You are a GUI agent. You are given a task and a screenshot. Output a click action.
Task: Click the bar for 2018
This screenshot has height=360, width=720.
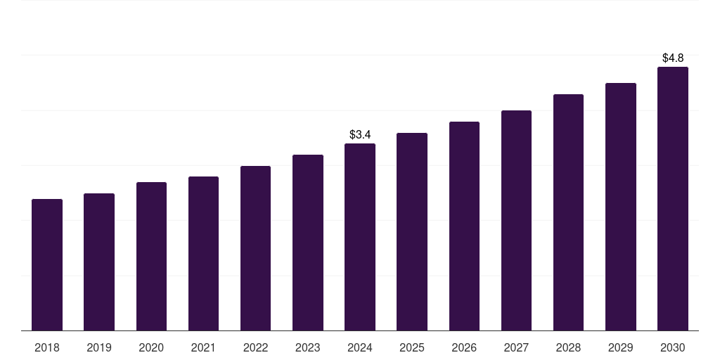47,265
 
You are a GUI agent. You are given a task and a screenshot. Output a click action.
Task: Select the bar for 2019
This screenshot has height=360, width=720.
99,262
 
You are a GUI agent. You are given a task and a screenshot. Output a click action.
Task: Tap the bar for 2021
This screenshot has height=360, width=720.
203,254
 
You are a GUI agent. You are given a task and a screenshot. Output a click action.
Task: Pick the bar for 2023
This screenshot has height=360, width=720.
308,243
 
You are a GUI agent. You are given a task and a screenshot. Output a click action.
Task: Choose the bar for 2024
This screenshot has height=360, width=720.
360,237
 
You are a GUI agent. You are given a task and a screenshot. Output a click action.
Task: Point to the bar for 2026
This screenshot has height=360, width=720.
464,226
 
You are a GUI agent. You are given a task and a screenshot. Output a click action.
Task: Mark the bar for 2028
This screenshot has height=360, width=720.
568,212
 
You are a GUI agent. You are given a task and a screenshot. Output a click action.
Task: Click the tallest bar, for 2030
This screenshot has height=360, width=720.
673,199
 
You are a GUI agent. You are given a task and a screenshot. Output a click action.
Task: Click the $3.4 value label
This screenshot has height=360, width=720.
360,134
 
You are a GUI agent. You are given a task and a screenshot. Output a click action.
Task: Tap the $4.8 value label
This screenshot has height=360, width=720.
673,58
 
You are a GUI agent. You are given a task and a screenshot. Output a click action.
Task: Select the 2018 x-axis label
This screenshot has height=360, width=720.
47,347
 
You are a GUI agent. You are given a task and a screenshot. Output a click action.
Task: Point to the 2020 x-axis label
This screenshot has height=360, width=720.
151,347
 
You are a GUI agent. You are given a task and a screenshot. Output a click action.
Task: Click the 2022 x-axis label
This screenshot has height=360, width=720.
255,347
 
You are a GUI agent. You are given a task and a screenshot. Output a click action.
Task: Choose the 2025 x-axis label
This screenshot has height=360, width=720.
412,347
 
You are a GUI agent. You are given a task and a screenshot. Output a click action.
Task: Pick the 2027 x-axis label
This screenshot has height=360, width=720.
516,347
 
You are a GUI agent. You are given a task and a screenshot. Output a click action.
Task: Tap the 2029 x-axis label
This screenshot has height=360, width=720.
621,347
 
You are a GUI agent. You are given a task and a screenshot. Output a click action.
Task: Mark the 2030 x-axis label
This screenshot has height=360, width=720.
673,347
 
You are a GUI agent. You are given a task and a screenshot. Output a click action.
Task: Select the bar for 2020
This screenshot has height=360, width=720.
151,257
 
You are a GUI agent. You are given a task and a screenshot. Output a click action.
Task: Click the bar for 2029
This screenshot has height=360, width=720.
621,207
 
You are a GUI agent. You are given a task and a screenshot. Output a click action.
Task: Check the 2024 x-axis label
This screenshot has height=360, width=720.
360,347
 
